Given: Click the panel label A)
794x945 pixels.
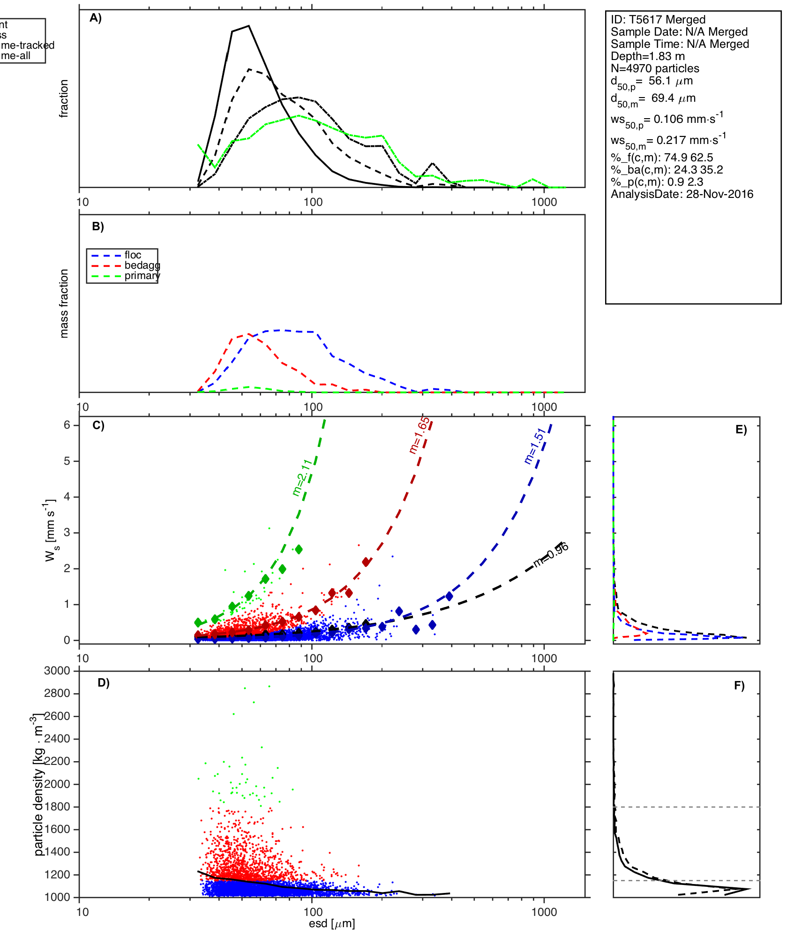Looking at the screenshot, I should pos(96,18).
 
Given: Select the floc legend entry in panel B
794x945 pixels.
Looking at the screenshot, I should pos(133,255).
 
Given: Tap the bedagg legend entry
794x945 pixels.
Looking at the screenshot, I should pos(142,265).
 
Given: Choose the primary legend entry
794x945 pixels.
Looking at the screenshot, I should pos(142,276).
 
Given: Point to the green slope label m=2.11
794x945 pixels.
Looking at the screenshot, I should pos(302,477).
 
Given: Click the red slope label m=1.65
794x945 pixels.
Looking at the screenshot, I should pos(419,436).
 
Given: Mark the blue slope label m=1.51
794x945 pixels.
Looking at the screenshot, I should pos(535,446).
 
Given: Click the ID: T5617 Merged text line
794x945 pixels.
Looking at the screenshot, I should pos(658,20).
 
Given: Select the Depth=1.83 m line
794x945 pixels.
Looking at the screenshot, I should pos(647,56).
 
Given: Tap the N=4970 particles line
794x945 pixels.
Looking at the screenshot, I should pos(655,68).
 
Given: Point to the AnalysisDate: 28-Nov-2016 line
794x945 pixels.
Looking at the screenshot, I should pos(682,194).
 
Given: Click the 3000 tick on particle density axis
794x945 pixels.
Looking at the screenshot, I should pos(57,671).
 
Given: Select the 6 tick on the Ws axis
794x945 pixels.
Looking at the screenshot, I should pos(67,425).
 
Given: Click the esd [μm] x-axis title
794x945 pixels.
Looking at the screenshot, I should pos(332,923).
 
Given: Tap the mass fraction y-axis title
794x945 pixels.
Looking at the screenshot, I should pos(64,303).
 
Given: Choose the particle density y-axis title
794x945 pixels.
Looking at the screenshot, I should pos(38,788).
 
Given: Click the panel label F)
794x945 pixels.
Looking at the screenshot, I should pos(739,686).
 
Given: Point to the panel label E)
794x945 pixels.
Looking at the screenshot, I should pos(741,430).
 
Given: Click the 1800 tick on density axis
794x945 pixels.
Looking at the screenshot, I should pos(57,807).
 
